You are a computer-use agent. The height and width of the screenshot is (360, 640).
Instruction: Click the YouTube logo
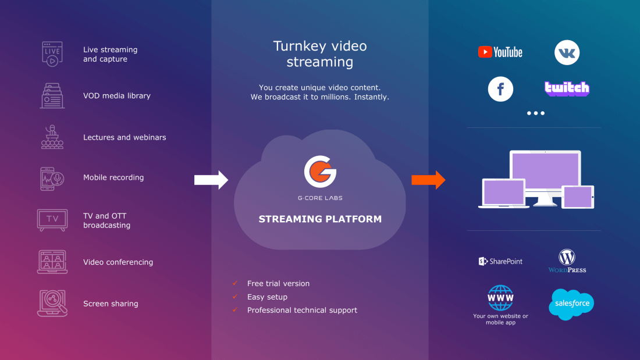tap(500, 52)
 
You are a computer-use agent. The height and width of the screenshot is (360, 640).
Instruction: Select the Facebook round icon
tap(500, 90)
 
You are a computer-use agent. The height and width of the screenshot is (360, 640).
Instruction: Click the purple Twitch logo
tap(567, 88)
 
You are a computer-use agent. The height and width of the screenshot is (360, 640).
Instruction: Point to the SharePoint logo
tap(500, 262)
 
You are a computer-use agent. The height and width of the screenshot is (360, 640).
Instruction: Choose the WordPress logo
tap(567, 261)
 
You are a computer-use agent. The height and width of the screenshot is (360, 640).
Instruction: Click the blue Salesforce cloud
tap(571, 304)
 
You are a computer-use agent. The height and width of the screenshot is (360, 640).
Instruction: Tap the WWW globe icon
tap(500, 298)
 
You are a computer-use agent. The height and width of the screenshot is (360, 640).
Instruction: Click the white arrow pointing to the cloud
tap(211, 180)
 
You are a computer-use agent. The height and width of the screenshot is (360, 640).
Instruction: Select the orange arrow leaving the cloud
tap(428, 180)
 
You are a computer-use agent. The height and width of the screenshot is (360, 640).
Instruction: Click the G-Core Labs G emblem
tap(320, 172)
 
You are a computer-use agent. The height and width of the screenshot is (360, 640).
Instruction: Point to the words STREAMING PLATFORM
tap(320, 219)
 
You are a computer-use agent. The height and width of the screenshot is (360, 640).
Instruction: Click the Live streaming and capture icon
tap(52, 54)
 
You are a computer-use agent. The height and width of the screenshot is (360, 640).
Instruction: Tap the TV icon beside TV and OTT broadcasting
tap(52, 220)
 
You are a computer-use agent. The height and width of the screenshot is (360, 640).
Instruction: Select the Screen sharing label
tap(111, 304)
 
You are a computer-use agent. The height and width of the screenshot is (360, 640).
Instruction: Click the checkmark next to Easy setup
tap(235, 297)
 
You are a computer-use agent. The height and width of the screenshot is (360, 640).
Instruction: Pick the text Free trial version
tap(278, 284)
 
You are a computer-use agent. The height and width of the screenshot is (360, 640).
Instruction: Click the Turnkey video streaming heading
tap(320, 54)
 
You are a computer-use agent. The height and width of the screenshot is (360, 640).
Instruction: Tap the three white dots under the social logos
tap(536, 113)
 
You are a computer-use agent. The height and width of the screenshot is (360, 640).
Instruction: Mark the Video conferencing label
tap(118, 262)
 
